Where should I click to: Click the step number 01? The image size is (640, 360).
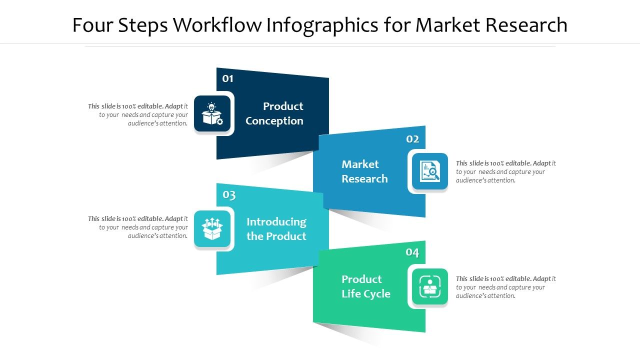(228, 78)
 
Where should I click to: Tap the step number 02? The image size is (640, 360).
(412, 139)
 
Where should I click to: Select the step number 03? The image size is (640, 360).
(229, 194)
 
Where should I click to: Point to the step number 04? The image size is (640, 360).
(412, 252)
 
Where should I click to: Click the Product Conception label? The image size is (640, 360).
(274, 113)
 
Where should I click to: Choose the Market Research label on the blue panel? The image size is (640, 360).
(364, 171)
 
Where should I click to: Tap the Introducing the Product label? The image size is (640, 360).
(276, 229)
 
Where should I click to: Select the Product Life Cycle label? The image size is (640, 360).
(366, 286)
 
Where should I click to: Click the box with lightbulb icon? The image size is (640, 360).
(212, 114)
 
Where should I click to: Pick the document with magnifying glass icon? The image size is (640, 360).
(430, 171)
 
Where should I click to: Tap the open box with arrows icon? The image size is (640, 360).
(212, 229)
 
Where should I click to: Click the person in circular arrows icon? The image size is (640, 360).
(430, 287)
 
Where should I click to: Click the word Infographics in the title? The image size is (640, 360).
(322, 25)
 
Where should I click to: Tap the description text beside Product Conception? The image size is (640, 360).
(138, 114)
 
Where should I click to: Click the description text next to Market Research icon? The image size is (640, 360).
(505, 171)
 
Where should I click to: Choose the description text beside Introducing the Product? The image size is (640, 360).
(138, 227)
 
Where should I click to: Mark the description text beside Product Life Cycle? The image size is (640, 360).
(505, 287)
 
